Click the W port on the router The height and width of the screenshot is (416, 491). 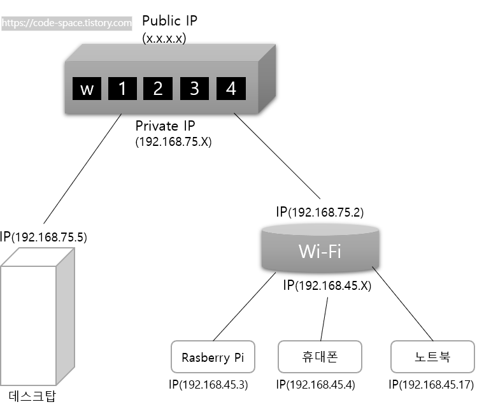pyautogui.click(x=87, y=89)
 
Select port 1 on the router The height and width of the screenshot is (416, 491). pyautogui.click(x=122, y=89)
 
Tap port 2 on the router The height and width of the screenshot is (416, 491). pyautogui.click(x=158, y=89)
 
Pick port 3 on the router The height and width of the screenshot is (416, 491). pyautogui.click(x=194, y=89)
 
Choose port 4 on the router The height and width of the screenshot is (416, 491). pyautogui.click(x=231, y=89)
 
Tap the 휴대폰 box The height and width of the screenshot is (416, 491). pyautogui.click(x=320, y=357)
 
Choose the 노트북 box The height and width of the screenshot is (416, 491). pyautogui.click(x=432, y=357)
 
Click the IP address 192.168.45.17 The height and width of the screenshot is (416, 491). pyautogui.click(x=431, y=385)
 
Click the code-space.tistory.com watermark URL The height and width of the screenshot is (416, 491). pyautogui.click(x=66, y=23)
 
